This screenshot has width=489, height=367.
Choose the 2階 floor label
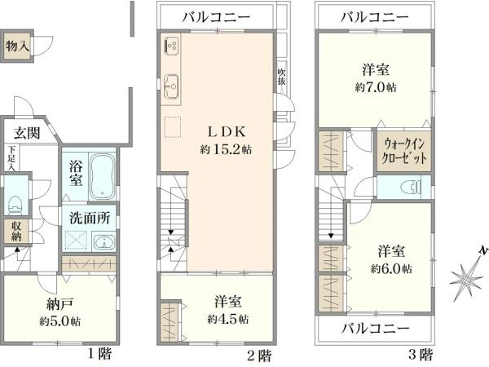pyautogui.click(x=259, y=355)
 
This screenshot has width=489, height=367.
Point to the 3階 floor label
pyautogui.click(x=421, y=355)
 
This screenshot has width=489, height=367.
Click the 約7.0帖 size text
pyautogui.click(x=376, y=87)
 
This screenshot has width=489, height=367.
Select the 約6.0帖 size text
pyautogui.click(x=391, y=268)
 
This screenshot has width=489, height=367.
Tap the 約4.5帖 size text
pyautogui.click(x=228, y=318)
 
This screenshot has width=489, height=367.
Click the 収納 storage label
pyautogui.click(x=15, y=231)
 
